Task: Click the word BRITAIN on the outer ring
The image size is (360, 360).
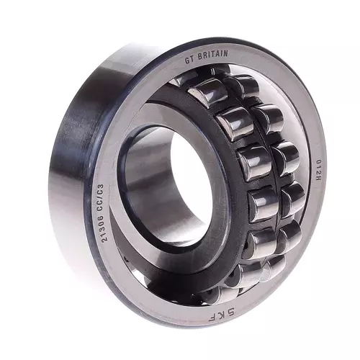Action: [214, 55]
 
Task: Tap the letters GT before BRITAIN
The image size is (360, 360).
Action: [189, 60]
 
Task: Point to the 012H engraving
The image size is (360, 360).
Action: [314, 171]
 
